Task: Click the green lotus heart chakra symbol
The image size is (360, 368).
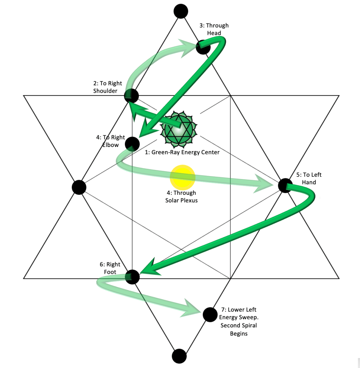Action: point(179,130)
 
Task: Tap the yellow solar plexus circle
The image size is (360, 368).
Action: point(182,177)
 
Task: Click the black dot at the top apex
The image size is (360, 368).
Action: point(181,11)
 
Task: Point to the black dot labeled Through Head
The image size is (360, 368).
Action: point(203,47)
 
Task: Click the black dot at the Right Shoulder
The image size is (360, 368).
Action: point(131,96)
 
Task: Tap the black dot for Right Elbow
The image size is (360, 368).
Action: point(132,144)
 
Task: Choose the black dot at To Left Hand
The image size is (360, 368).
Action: point(285,185)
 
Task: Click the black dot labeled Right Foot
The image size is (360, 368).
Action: point(132,276)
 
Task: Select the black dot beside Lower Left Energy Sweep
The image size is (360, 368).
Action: point(210,314)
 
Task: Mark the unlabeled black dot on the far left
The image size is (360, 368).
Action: point(79,187)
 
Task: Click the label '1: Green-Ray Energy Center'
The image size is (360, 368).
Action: point(182,152)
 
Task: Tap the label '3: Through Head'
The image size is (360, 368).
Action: point(214,29)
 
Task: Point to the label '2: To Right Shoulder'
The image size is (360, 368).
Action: point(105,87)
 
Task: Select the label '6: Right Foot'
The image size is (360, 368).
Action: point(110,268)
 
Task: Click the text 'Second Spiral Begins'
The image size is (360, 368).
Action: point(239,330)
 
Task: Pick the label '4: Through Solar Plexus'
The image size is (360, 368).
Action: point(181,197)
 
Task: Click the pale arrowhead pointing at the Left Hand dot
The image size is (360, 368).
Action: point(264,186)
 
